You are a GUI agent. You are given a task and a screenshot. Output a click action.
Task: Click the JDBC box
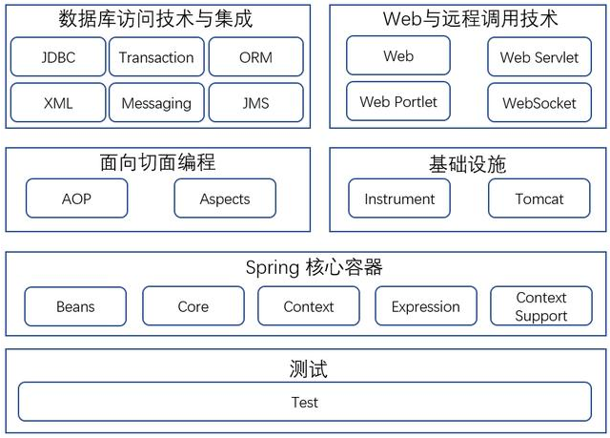[58, 57]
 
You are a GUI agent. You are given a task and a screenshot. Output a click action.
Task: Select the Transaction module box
[156, 57]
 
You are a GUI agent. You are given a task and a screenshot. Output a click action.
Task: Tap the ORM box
[255, 57]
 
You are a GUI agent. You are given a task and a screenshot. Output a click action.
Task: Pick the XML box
[58, 103]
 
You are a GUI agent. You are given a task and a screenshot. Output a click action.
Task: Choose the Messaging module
[156, 103]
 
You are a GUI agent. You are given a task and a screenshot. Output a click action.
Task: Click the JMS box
[255, 103]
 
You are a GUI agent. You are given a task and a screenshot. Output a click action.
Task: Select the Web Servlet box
[539, 57]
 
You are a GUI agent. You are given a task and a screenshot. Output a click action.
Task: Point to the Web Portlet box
[398, 102]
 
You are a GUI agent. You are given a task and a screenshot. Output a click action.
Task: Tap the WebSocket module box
[539, 102]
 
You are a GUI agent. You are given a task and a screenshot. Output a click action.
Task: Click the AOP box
[76, 198]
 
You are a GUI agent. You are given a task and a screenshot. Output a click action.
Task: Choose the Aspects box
[225, 198]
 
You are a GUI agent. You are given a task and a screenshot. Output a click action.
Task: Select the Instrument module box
[398, 198]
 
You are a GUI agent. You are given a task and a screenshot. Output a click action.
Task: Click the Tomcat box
[539, 198]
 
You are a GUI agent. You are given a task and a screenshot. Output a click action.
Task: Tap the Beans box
[75, 306]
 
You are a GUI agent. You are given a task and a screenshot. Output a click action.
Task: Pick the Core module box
[193, 306]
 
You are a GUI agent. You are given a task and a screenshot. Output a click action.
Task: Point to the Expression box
[425, 306]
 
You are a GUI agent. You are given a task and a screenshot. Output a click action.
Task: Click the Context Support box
[540, 306]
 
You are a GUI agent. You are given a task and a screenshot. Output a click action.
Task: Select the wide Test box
[305, 402]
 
